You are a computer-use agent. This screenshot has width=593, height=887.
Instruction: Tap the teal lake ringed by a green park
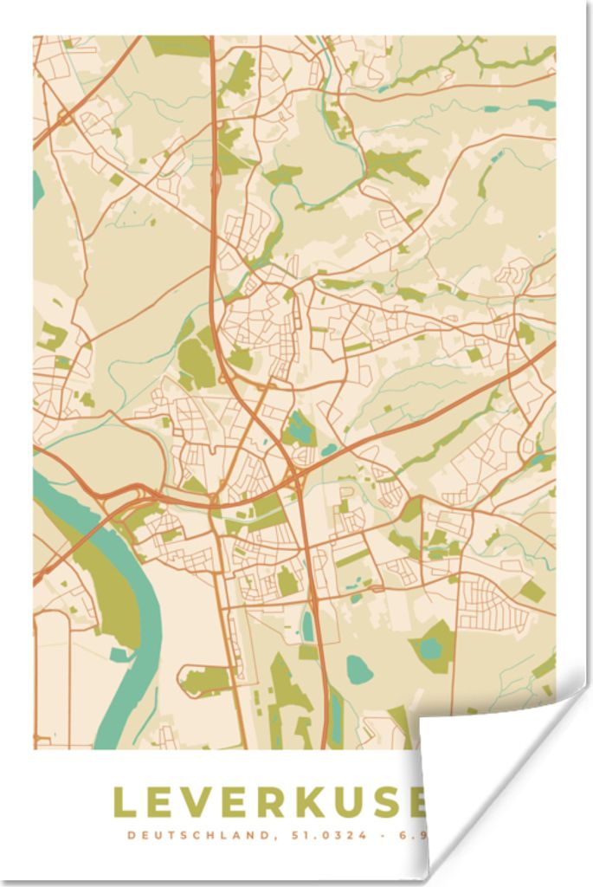pyautogui.click(x=430, y=646)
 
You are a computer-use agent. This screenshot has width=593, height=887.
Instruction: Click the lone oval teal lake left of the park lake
pyautogui.click(x=358, y=667)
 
